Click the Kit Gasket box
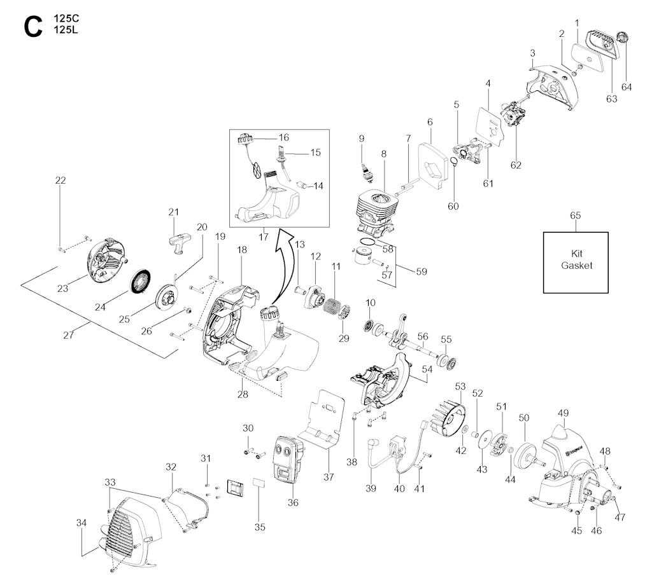coord(576,262)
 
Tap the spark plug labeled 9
coord(365,170)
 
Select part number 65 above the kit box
coord(576,216)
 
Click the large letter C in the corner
coord(32,27)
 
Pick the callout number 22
coord(60,181)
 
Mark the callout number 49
coord(563,413)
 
